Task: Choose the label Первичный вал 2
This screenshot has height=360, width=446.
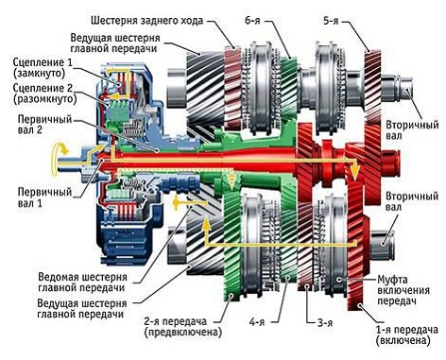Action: coord(36,127)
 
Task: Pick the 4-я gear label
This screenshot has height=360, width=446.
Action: coord(257,322)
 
